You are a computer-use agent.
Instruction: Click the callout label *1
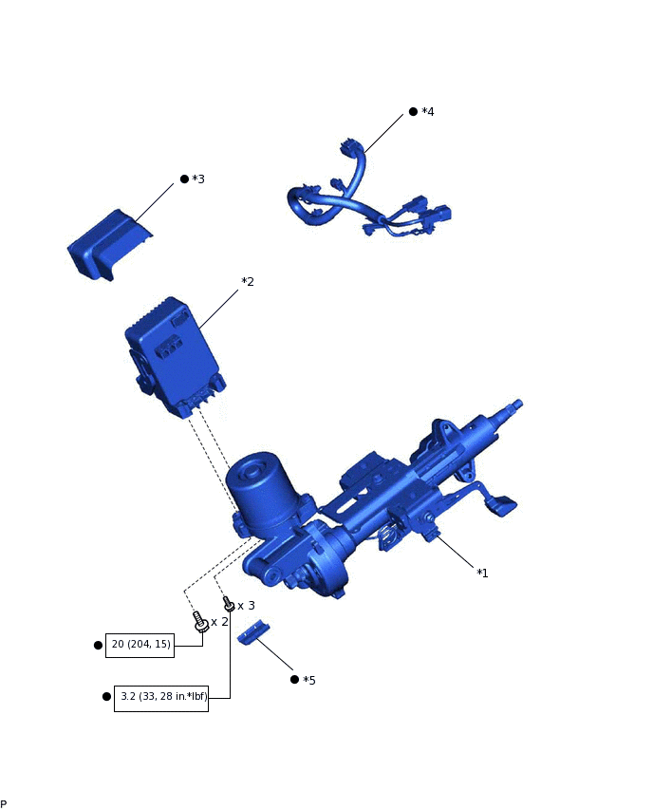click(x=482, y=573)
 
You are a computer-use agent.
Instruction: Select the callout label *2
click(x=248, y=282)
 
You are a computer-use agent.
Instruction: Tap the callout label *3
click(x=198, y=179)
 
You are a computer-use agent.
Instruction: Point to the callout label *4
click(x=428, y=112)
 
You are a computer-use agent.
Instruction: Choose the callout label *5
click(x=308, y=680)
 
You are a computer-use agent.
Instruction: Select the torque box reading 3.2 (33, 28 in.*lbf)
click(x=161, y=697)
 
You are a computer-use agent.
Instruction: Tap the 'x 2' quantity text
click(x=219, y=622)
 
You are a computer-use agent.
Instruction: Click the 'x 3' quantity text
click(x=246, y=605)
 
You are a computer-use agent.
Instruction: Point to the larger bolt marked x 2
click(x=200, y=623)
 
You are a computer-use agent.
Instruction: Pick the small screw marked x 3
click(x=228, y=604)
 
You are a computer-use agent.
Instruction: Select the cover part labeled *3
click(x=107, y=245)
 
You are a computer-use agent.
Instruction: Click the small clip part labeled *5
click(x=254, y=632)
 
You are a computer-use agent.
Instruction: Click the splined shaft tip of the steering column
click(x=515, y=405)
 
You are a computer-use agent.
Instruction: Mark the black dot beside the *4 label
click(x=413, y=112)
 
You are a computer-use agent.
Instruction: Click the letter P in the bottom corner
click(x=4, y=803)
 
